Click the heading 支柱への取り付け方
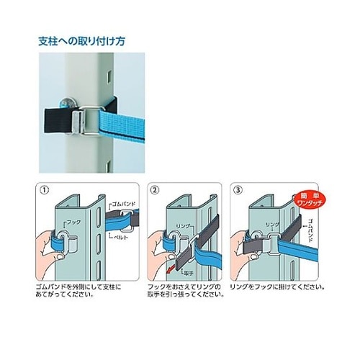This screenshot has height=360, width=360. [81, 42]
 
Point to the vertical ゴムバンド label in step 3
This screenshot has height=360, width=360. [305, 228]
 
